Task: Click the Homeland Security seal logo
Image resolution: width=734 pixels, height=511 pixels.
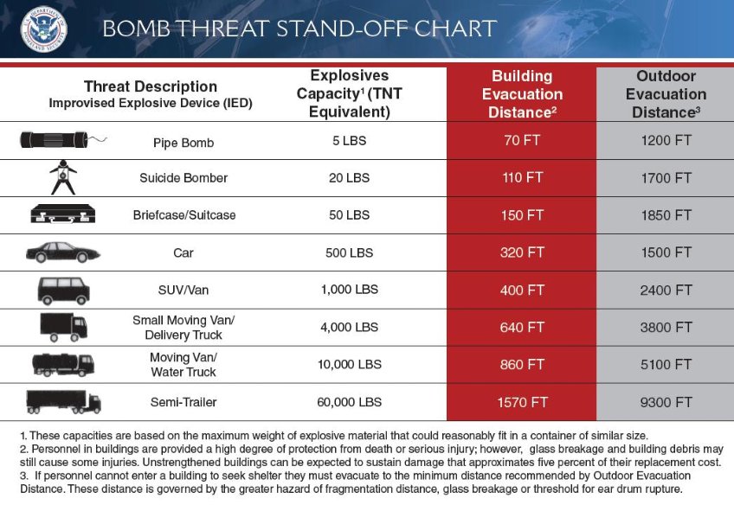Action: click(x=43, y=29)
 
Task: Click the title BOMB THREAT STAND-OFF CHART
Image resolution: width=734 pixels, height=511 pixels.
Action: click(x=299, y=29)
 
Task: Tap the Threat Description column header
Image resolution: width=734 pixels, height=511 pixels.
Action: click(x=151, y=93)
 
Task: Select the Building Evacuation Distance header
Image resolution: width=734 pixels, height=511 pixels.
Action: click(x=521, y=94)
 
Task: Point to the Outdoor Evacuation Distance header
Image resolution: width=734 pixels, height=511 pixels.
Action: click(x=666, y=94)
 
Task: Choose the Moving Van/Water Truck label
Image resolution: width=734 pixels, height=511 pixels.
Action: click(x=183, y=364)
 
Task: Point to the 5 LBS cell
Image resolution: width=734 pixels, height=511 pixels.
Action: click(x=349, y=141)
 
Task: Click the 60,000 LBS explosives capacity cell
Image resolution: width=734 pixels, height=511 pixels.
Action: click(x=349, y=402)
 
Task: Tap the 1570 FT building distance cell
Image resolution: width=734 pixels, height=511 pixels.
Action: click(x=521, y=402)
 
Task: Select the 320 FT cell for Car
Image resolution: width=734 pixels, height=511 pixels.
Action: click(x=521, y=252)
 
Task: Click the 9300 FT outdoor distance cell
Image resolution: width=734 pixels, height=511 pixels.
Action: click(x=666, y=402)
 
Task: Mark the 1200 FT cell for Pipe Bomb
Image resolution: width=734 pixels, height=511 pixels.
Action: click(x=666, y=141)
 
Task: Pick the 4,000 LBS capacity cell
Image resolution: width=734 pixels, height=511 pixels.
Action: click(x=349, y=327)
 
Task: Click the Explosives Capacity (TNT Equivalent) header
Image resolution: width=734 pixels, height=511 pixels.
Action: click(x=349, y=93)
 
